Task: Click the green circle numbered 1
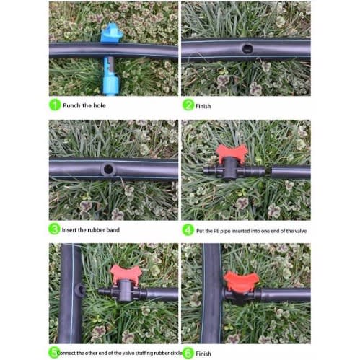pos(55,105)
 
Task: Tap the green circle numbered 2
pos(188,105)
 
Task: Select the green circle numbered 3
pos(54,229)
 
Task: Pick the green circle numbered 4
pos(188,230)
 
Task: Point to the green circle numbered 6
pos(188,354)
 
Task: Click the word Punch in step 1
pos(71,105)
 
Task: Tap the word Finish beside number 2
pos(203,106)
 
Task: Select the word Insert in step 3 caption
pos(69,230)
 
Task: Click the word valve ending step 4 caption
pos(300,231)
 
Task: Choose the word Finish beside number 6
pos(203,354)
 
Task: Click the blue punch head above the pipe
pos(112,32)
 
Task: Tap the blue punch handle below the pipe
pos(110,76)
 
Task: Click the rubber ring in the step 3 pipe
pos(107,169)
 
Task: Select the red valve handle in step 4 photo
pos(232,152)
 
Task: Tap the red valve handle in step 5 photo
pos(126,273)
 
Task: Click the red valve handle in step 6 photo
pos(241,281)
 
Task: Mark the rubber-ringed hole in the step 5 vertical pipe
pos(79,290)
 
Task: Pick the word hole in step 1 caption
pos(100,105)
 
